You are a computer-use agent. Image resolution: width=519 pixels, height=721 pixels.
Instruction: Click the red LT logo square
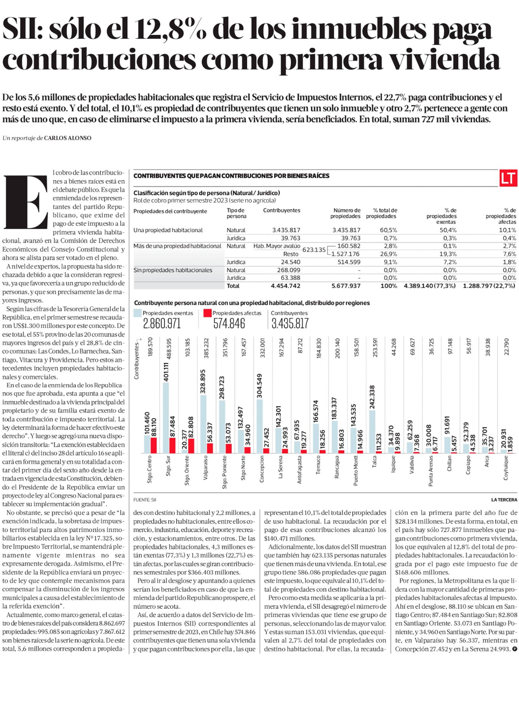tap(508, 178)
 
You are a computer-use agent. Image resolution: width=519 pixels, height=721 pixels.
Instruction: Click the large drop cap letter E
tap(26, 202)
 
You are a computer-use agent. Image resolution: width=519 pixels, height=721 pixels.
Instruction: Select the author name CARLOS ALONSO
tap(67, 138)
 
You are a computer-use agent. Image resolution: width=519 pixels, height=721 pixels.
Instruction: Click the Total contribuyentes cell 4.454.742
tap(285, 286)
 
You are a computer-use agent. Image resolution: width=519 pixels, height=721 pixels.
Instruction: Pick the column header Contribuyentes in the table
tap(281, 210)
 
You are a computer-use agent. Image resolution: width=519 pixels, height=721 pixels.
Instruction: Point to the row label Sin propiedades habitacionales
tap(173, 270)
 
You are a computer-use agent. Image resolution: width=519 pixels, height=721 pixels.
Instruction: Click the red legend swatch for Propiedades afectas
tap(207, 313)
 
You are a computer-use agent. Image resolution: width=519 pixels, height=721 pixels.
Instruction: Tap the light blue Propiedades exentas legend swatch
tap(138, 313)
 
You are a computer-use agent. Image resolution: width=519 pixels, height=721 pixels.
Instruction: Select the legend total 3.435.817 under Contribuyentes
tap(290, 324)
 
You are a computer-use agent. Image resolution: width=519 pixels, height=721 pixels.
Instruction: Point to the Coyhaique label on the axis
tap(506, 468)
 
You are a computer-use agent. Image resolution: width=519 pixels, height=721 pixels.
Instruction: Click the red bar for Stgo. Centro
tap(154, 445)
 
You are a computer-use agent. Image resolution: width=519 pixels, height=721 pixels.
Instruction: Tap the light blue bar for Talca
tap(372, 432)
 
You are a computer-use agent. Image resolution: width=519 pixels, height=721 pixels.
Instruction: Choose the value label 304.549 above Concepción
tap(260, 385)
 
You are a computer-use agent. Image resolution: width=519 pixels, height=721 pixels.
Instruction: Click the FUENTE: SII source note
tap(145, 500)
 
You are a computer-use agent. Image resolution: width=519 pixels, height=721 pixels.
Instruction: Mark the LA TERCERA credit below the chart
tap(504, 500)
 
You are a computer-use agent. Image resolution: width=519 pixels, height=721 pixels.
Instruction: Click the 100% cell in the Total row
tap(389, 286)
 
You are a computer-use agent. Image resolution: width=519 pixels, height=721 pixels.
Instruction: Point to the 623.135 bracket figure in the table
tap(313, 250)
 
